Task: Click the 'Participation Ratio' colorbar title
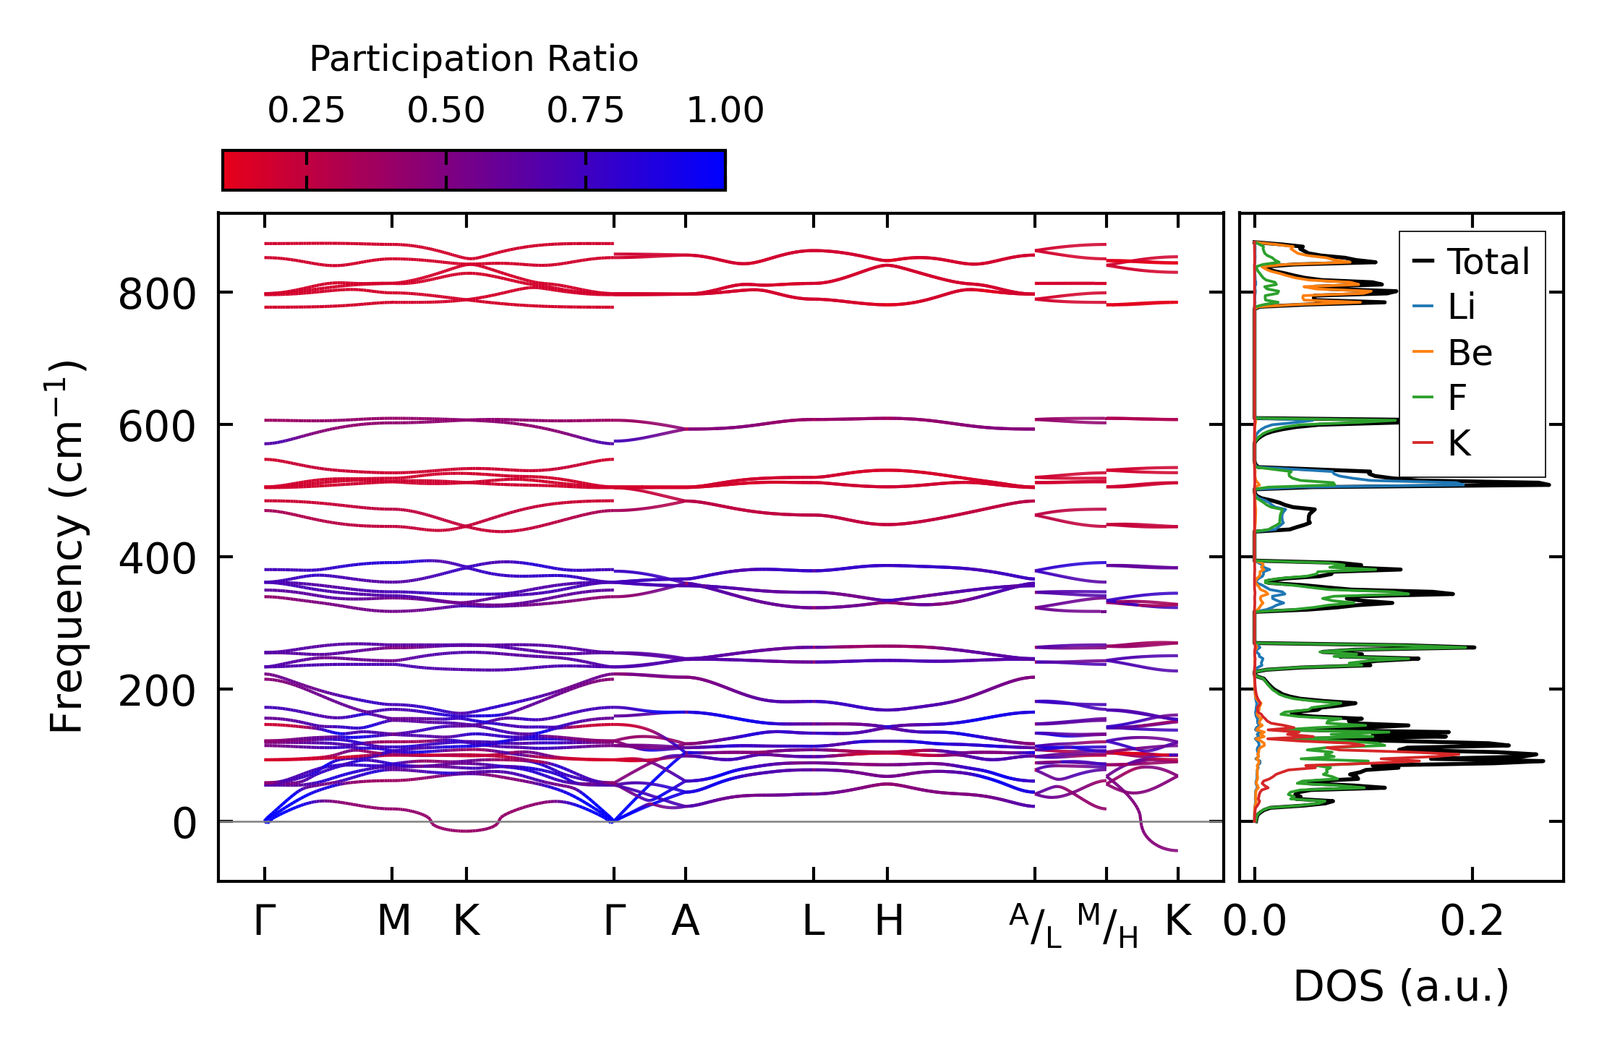pos(474,59)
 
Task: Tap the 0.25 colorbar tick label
pos(306,111)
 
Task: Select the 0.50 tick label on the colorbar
pos(446,111)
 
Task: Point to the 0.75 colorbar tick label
pos(585,111)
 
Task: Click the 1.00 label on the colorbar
pos(725,111)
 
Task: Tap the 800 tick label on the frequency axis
pos(157,295)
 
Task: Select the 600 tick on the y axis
pos(157,427)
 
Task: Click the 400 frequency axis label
pos(157,560)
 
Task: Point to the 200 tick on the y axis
pos(157,692)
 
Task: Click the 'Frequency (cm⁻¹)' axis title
pos(67,546)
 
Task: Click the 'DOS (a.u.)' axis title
pos(1401,986)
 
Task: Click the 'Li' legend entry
pos(1461,307)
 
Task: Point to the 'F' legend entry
pos(1457,398)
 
